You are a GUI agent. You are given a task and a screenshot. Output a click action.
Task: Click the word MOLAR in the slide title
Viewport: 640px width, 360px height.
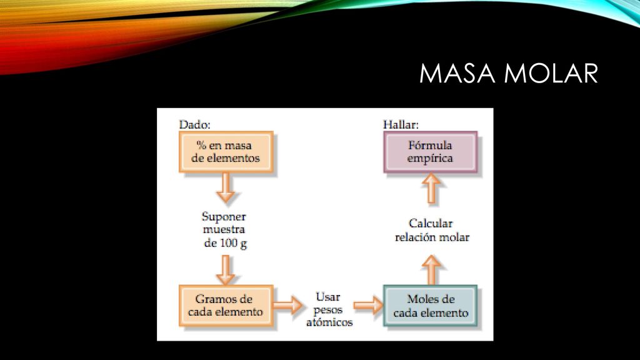(x=551, y=74)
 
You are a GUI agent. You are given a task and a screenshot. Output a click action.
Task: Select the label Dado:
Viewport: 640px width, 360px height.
(x=195, y=124)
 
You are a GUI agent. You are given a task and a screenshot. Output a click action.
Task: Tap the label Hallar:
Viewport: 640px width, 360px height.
(x=401, y=124)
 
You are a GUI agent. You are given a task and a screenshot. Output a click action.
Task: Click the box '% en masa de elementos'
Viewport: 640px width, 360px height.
(x=226, y=152)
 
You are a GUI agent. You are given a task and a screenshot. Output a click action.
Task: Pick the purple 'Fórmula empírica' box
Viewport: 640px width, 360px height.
(x=430, y=152)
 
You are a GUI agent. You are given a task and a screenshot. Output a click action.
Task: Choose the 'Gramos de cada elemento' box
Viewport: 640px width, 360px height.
(x=226, y=306)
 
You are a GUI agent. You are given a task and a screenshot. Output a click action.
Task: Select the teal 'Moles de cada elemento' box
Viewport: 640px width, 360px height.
(x=430, y=306)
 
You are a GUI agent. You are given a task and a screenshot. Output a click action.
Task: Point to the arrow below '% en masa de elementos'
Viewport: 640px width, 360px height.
(x=225, y=187)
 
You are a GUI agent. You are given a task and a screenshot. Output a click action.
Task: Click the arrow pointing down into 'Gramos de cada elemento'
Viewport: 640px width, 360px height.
(x=225, y=270)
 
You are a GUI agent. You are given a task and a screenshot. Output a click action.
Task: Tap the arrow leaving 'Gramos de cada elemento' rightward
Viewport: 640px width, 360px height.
(x=287, y=305)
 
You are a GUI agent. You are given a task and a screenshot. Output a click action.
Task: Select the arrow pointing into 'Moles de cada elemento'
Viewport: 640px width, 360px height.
(x=368, y=305)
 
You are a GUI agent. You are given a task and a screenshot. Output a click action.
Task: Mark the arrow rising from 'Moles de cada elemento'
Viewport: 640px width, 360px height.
(x=431, y=270)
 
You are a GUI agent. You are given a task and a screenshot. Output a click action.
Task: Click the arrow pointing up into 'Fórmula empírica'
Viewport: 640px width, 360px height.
(x=431, y=188)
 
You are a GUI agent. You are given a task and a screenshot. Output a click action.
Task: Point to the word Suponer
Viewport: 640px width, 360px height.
(x=224, y=217)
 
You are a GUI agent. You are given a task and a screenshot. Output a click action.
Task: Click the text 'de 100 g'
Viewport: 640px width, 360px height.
(x=225, y=243)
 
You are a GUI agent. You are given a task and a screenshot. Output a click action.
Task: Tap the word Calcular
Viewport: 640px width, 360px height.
(x=431, y=224)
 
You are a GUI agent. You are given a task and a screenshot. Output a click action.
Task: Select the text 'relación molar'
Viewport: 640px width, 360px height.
(x=432, y=237)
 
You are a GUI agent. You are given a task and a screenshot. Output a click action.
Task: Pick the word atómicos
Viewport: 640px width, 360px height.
(x=329, y=322)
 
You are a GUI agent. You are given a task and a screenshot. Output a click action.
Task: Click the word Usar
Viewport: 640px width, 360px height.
(x=327, y=297)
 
